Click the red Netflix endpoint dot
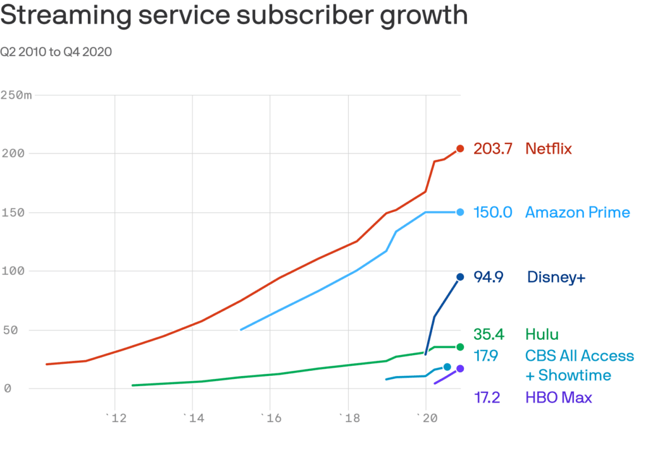pos(460,149)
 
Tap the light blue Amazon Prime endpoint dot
pos(460,212)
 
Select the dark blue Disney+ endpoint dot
pos(460,277)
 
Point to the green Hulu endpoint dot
pos(460,347)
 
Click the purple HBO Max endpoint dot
pos(460,368)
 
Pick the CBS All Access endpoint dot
pos(447,367)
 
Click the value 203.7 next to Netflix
pos(492,149)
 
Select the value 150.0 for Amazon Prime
pos(492,212)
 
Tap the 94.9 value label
pos(489,277)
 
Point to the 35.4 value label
pos(489,334)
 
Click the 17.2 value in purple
pos(487,398)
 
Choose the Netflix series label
pos(548,149)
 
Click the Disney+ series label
pos(556,277)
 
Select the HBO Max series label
pos(558,398)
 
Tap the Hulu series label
pos(542,334)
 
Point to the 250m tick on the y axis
pos(16,95)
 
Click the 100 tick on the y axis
pos(12,271)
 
